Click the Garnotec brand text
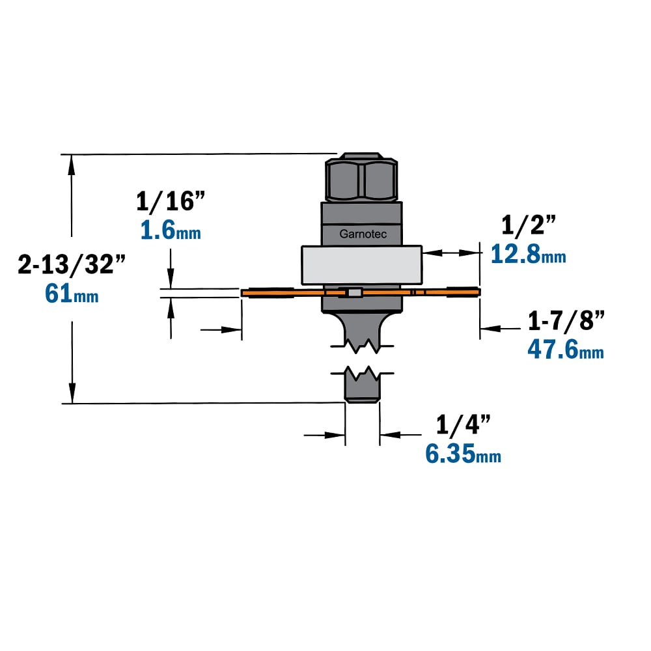[x=363, y=234]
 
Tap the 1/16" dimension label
[x=171, y=201]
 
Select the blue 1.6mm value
[x=171, y=230]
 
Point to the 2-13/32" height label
[x=72, y=264]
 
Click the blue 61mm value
[x=72, y=294]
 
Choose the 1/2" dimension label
[x=528, y=225]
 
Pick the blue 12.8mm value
[x=528, y=254]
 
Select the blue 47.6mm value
[x=566, y=350]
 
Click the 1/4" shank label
[x=464, y=424]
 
